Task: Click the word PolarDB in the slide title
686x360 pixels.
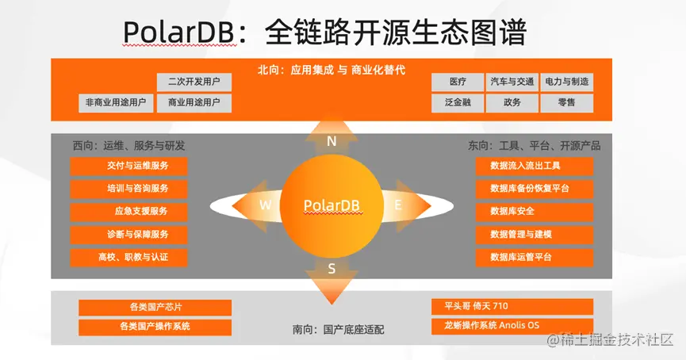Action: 180,32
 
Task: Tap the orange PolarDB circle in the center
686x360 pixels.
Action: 332,205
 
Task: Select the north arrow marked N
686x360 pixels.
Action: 332,137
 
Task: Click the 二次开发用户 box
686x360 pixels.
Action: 194,82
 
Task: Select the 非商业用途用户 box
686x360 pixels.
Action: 116,103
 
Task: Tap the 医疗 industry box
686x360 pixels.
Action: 458,82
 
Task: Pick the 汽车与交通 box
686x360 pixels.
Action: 512,82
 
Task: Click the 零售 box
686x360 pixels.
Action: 566,103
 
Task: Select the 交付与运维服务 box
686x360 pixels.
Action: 128,166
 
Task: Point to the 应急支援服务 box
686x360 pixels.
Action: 128,211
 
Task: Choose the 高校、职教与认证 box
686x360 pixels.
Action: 128,257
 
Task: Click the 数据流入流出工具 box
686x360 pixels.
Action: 535,166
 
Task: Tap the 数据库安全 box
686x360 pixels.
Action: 535,211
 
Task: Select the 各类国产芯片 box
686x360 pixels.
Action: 155,307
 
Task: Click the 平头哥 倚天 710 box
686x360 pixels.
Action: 512,307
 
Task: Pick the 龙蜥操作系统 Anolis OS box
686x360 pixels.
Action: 512,326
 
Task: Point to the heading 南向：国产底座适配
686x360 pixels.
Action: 338,329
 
